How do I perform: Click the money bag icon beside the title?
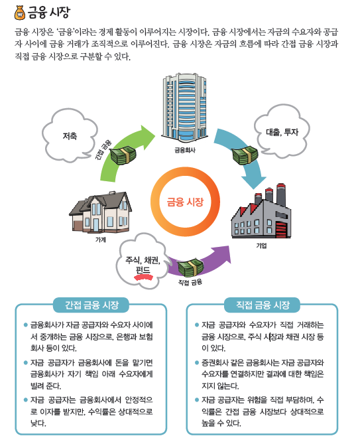coord(19,13)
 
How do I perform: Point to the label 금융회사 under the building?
coord(185,150)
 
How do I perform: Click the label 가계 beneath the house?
coord(101,240)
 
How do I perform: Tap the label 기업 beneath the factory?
coord(261,246)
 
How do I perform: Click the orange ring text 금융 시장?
coord(185,202)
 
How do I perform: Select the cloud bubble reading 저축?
coord(70,137)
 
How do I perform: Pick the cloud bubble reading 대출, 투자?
coord(282,131)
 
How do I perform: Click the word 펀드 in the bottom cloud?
coord(143,269)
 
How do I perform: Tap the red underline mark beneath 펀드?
coord(143,277)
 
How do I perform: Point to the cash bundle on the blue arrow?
coord(245,155)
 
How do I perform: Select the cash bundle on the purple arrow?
coord(191,267)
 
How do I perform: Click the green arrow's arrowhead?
coord(147,137)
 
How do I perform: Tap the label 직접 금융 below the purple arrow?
coord(190,282)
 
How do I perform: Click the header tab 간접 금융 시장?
coord(91,305)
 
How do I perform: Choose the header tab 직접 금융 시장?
coord(263,305)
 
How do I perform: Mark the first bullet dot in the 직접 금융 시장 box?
coord(197,325)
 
